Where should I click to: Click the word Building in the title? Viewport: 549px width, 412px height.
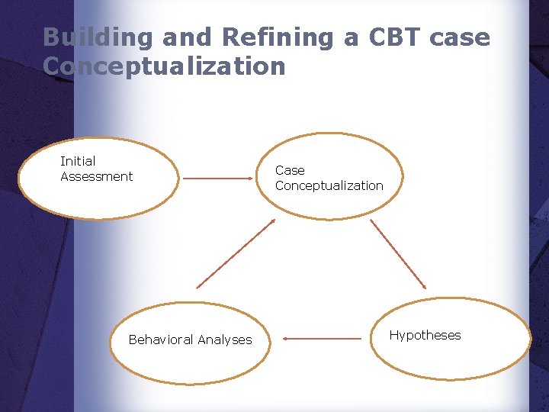click(88, 37)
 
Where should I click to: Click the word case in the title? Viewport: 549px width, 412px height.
click(465, 37)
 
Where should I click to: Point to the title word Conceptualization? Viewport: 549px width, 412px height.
click(164, 66)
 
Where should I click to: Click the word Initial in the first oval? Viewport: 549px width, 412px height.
click(78, 161)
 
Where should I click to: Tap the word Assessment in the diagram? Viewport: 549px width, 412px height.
click(96, 176)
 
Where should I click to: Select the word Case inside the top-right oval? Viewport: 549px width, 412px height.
click(290, 170)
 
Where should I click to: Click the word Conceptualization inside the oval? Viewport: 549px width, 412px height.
click(329, 185)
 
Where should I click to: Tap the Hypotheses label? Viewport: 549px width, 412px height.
click(425, 335)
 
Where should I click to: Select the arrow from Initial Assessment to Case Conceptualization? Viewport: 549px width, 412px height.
click(218, 179)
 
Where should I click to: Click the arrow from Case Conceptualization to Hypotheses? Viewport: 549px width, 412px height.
click(398, 254)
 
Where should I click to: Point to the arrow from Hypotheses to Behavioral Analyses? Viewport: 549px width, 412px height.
click(322, 338)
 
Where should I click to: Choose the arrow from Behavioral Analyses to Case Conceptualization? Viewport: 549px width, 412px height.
click(236, 253)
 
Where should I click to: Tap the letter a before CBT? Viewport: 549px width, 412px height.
click(355, 37)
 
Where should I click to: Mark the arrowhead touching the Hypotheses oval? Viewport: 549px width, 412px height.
click(424, 286)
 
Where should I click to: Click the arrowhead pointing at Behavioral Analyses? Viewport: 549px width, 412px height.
click(284, 338)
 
